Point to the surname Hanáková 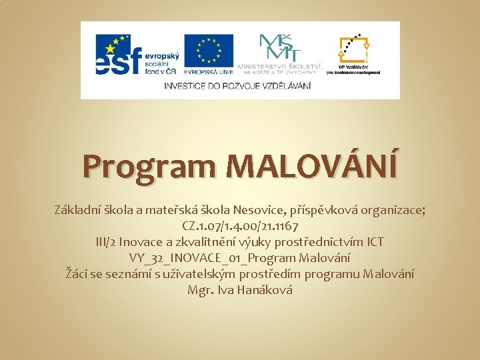tap(261, 291)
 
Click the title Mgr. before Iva tap(201, 291)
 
